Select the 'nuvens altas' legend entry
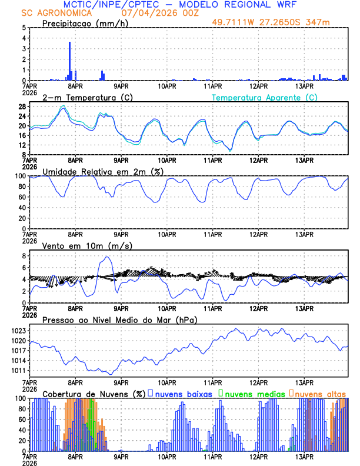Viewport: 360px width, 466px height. pyautogui.click(x=321, y=393)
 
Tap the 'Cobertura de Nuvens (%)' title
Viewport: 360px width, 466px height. pyautogui.click(x=94, y=393)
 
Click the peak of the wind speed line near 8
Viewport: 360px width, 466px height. pyautogui.click(x=107, y=257)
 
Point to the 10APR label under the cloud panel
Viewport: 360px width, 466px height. pyautogui.click(x=167, y=457)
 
